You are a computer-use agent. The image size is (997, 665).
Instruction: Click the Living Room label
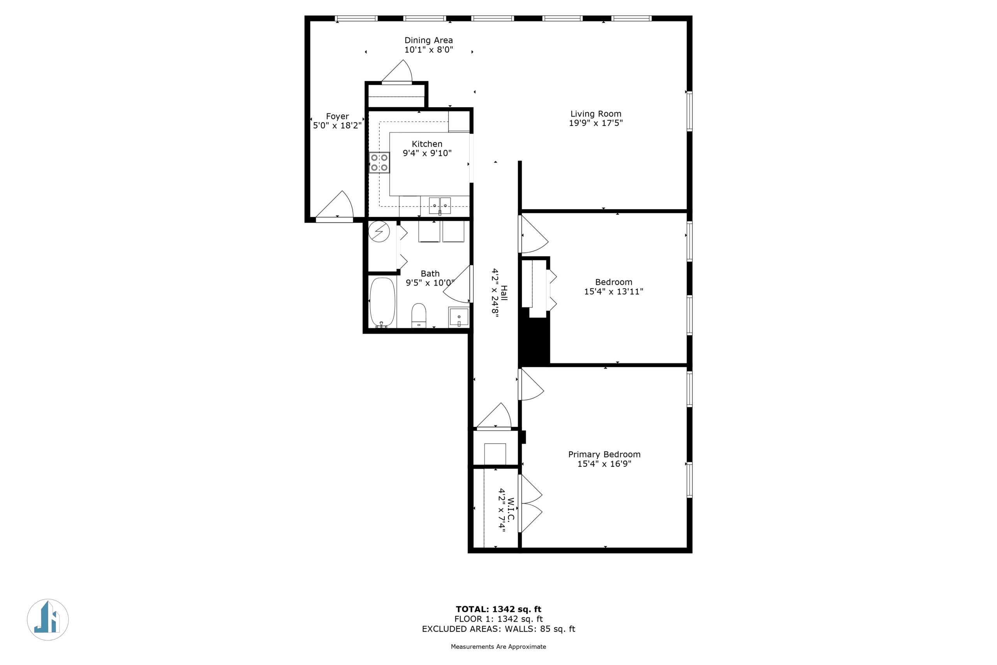tap(595, 114)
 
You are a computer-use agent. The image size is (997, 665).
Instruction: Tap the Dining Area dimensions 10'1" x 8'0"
tap(428, 49)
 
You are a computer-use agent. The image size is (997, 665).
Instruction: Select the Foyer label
tap(337, 116)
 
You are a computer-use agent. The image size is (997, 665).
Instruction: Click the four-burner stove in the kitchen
tap(379, 162)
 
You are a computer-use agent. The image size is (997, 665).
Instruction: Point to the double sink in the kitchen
tap(440, 206)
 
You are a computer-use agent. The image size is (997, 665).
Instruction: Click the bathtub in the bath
tap(382, 303)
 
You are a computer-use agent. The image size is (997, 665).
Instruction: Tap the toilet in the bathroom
tap(419, 316)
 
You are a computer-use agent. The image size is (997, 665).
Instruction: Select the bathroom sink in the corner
tap(459, 317)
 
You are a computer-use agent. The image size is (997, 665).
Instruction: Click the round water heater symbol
tap(379, 231)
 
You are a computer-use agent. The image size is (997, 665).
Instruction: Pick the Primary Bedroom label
tap(604, 454)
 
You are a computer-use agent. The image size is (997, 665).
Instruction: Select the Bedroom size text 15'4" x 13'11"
tap(613, 291)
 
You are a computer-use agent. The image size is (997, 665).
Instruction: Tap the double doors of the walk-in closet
tap(530, 503)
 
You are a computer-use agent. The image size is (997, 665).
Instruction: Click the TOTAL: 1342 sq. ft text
tap(498, 610)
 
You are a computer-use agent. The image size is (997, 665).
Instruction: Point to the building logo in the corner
tap(48, 620)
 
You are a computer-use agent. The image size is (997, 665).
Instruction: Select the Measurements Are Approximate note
tap(498, 647)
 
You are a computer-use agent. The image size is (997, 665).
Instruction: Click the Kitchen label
tap(427, 144)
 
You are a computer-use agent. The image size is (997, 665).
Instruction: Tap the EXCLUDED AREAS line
tap(498, 629)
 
